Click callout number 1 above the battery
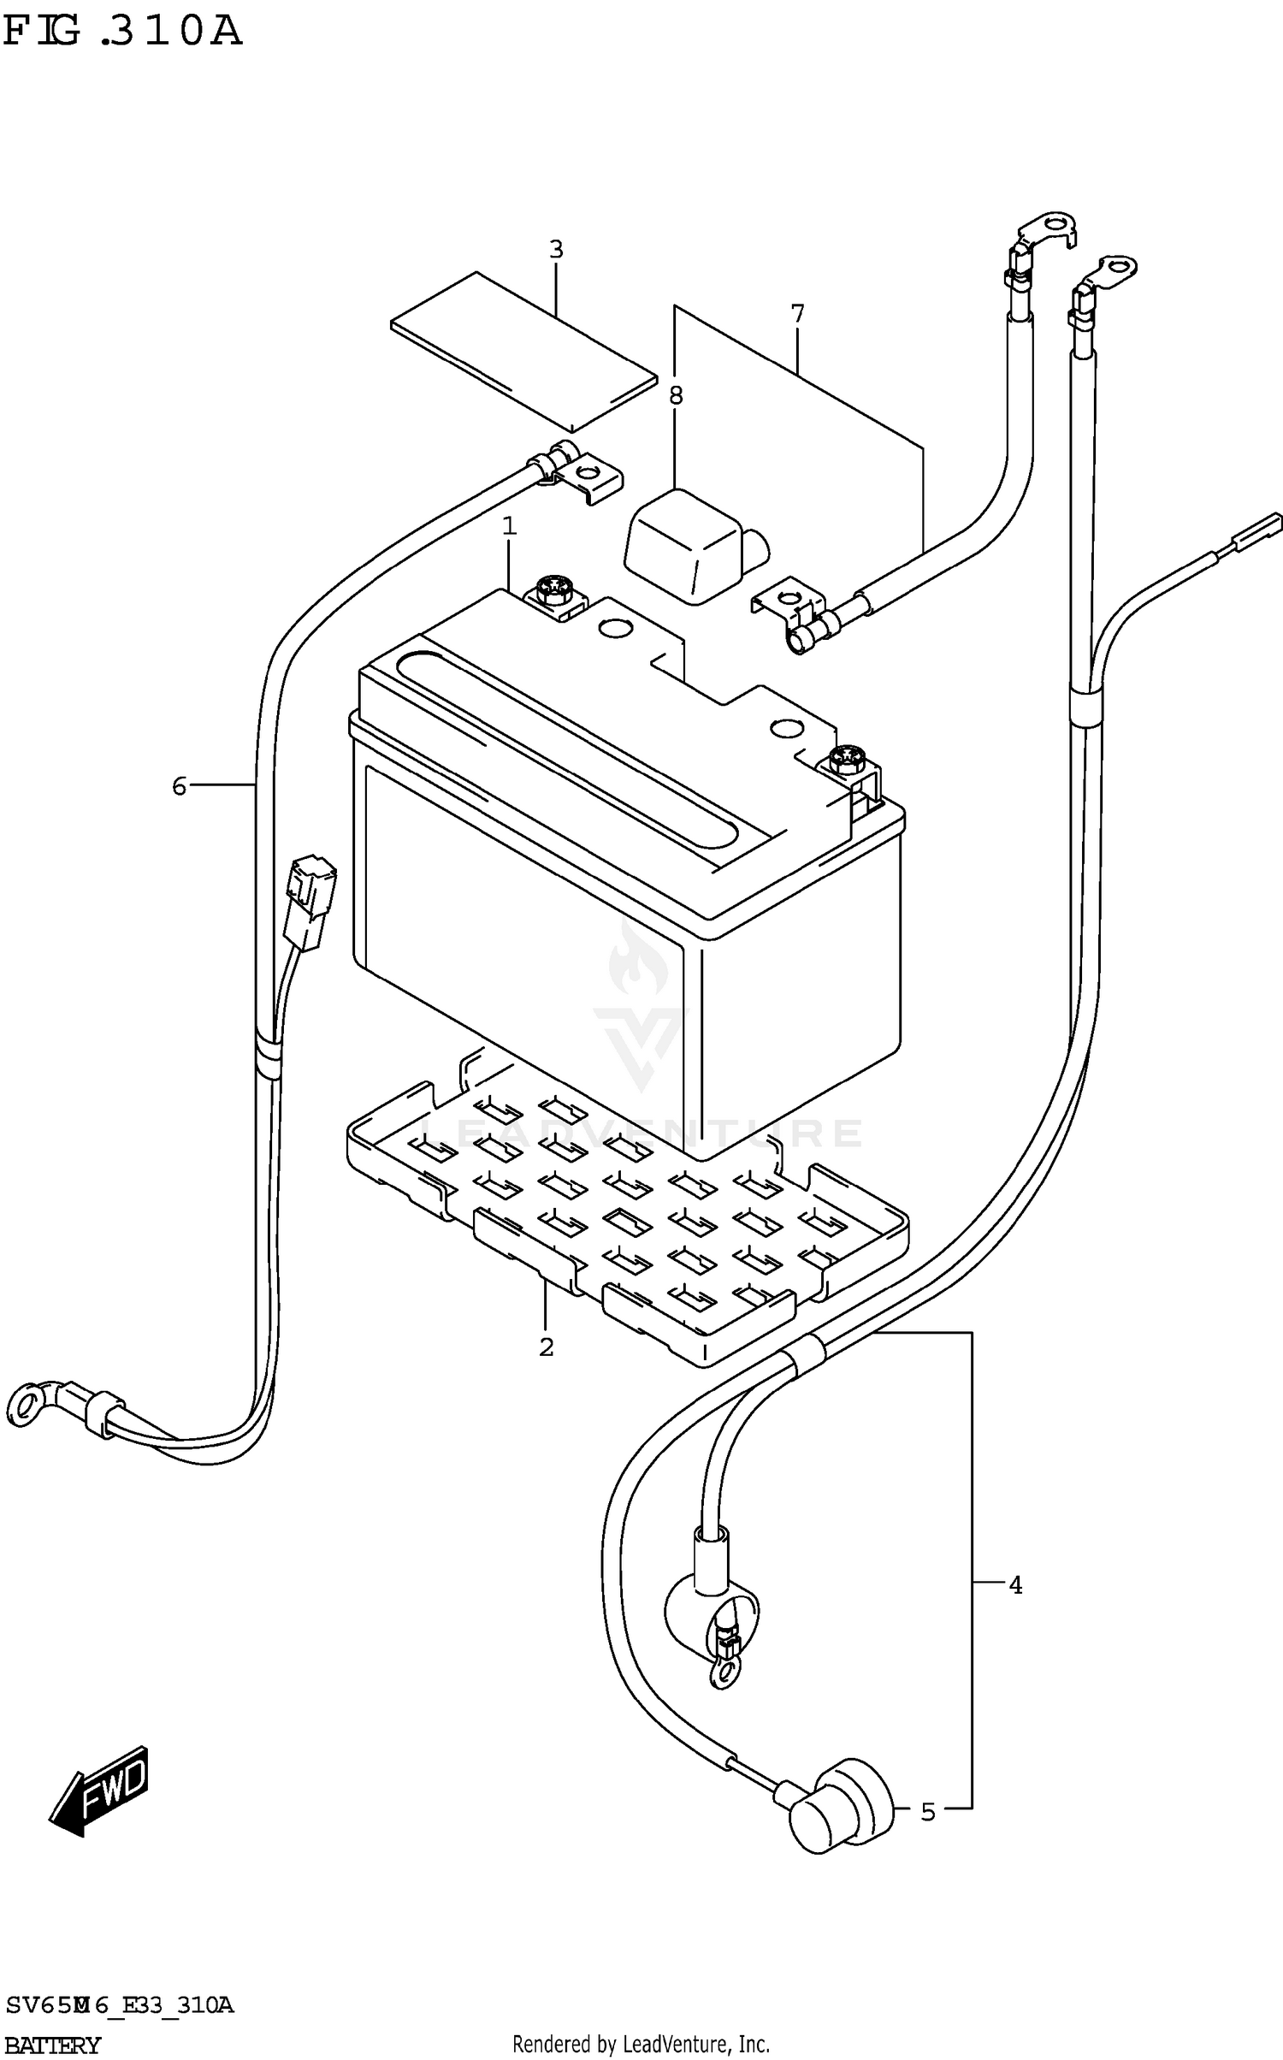(x=510, y=527)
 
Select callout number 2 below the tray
(x=547, y=1347)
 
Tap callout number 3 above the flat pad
(x=556, y=250)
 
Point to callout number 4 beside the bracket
(x=1015, y=1585)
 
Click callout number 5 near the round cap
(x=928, y=1812)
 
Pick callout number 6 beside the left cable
(x=179, y=785)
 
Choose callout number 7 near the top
(x=798, y=314)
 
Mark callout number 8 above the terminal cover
(x=676, y=395)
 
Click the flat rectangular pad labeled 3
(x=523, y=351)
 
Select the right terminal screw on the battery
(x=848, y=756)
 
